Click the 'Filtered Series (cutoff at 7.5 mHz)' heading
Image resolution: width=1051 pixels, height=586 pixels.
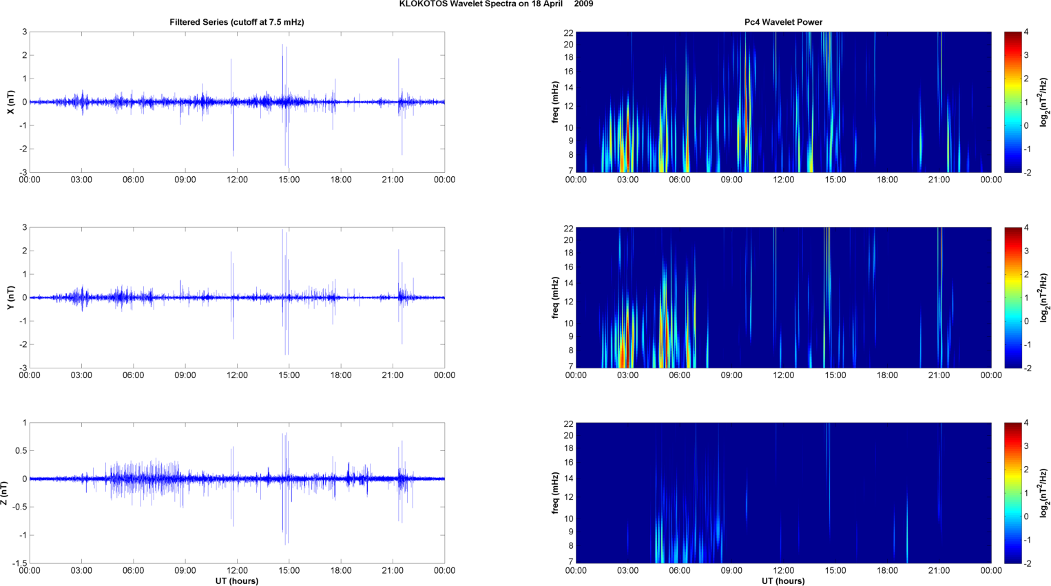click(x=237, y=22)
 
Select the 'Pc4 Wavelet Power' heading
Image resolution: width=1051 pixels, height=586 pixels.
click(x=783, y=22)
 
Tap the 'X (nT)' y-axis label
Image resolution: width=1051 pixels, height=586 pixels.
click(x=11, y=102)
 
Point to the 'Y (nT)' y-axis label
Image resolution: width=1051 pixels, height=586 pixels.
click(x=11, y=297)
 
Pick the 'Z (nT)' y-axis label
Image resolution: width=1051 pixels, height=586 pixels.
click(x=5, y=493)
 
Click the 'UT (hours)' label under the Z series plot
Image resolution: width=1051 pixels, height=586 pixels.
click(x=237, y=581)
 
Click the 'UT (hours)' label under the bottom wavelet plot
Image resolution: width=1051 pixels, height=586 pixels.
click(x=783, y=581)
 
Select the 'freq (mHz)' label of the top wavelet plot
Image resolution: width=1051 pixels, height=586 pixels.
click(x=555, y=102)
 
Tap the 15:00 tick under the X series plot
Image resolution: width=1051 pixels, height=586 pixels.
click(x=289, y=180)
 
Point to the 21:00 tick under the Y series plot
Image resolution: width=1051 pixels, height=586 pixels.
click(x=393, y=375)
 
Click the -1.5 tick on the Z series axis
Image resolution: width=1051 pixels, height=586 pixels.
click(x=19, y=563)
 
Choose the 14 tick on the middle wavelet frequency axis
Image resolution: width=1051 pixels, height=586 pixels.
click(x=569, y=283)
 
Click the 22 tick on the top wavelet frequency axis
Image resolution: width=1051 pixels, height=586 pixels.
click(x=569, y=33)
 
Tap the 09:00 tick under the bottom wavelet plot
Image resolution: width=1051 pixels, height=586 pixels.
click(x=731, y=570)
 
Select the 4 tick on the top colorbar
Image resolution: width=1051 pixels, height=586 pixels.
click(x=1026, y=32)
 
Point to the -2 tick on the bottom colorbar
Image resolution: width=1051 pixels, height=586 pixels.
click(x=1028, y=563)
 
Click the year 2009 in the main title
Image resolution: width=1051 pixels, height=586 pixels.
click(x=583, y=4)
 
